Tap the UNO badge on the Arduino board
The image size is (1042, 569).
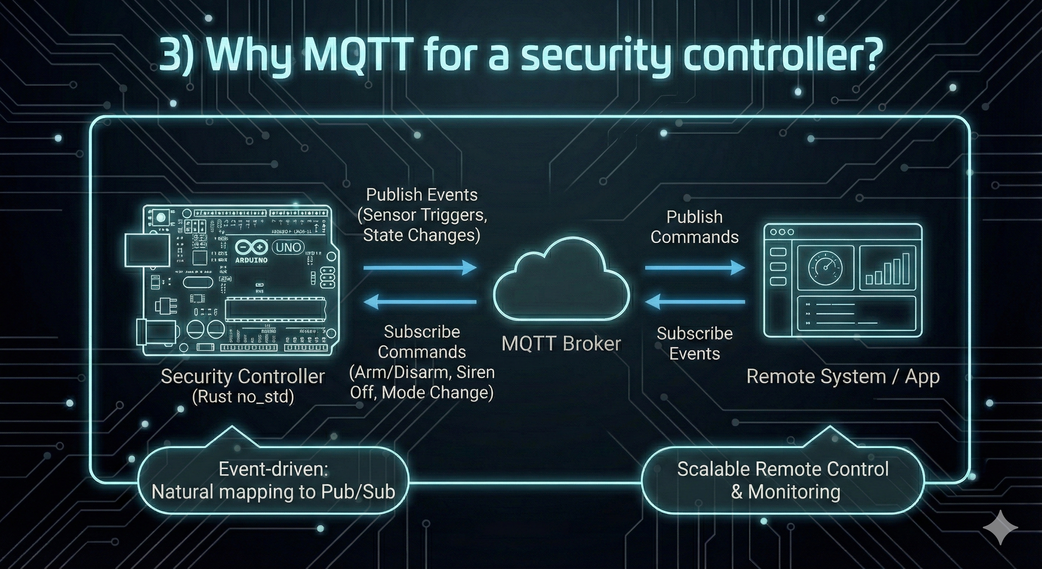click(288, 247)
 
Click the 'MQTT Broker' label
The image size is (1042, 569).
click(561, 344)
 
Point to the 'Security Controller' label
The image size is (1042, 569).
click(243, 377)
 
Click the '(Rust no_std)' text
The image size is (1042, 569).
click(243, 396)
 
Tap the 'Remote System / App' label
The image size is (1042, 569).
click(843, 377)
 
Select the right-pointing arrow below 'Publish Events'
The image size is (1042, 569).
click(420, 268)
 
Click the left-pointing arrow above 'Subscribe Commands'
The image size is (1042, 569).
click(420, 301)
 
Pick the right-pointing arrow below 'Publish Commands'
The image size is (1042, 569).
click(695, 268)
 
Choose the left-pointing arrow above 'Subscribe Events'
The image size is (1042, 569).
click(695, 301)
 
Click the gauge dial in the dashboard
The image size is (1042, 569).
click(825, 267)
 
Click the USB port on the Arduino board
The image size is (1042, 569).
click(147, 250)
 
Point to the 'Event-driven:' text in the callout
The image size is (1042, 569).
click(273, 469)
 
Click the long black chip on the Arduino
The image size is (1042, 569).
click(275, 309)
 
